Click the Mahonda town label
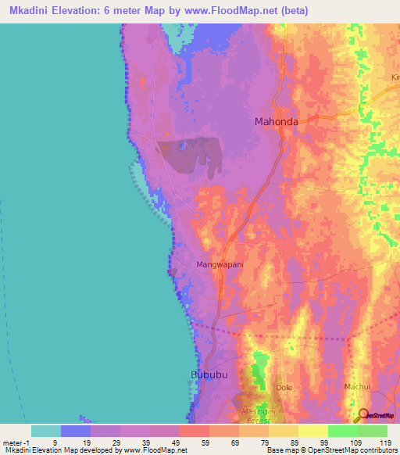pyautogui.click(x=277, y=121)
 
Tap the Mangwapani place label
pyautogui.click(x=220, y=264)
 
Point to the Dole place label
pyautogui.click(x=284, y=387)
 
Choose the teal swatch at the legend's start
pyautogui.click(x=45, y=431)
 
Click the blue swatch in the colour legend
pyautogui.click(x=75, y=431)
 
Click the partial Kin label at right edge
pyautogui.click(x=395, y=77)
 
